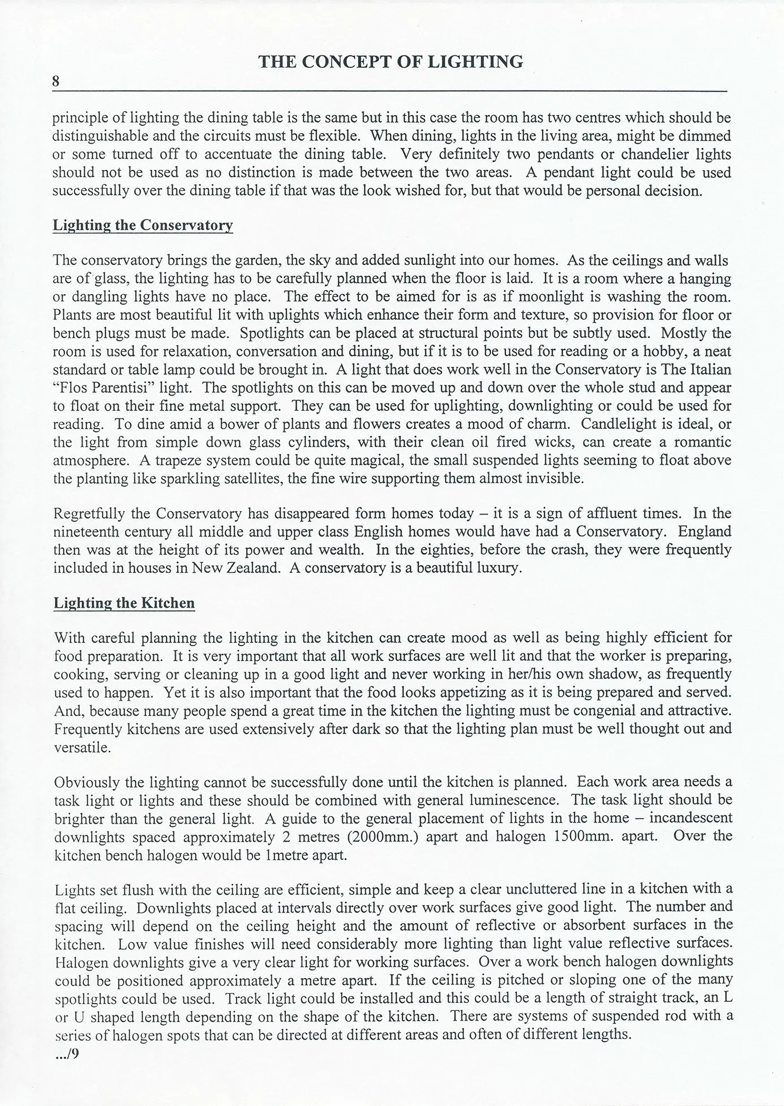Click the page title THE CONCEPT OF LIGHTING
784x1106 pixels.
(x=391, y=62)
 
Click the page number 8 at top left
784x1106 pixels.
(x=56, y=81)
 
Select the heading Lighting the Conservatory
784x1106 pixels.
(x=143, y=225)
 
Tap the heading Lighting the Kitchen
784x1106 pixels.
(x=124, y=603)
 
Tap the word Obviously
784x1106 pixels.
(x=88, y=782)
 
